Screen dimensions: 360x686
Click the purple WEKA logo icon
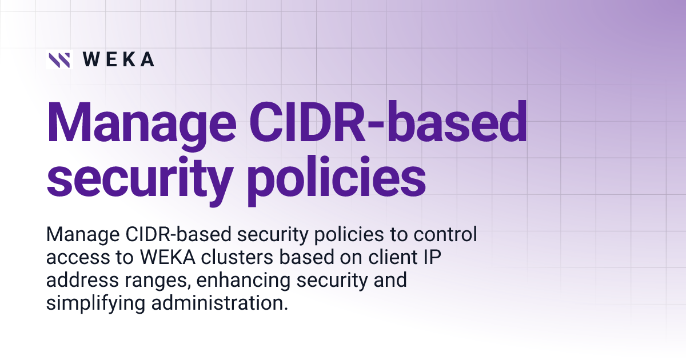coord(59,60)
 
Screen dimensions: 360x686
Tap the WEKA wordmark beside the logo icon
coord(118,60)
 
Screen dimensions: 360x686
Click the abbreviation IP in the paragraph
coord(434,258)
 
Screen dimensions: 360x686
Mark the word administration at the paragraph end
coord(219,303)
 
